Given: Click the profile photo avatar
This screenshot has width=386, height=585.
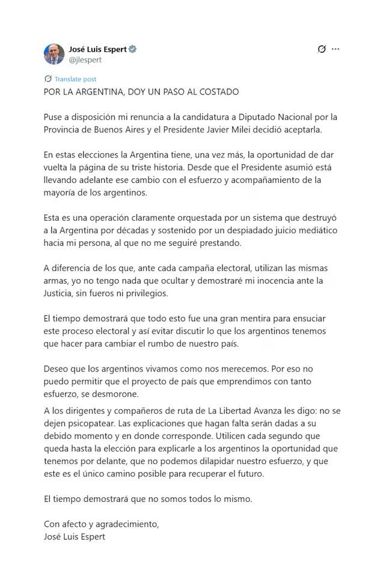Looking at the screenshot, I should [54, 54].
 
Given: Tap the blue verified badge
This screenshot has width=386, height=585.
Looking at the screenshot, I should [133, 49].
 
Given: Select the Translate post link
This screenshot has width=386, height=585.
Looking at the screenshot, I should [75, 79].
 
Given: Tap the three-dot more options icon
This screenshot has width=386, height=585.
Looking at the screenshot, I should [335, 49].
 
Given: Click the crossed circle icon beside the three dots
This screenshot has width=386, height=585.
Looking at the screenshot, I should [322, 49].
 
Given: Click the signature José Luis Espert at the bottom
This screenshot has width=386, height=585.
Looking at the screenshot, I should [75, 536].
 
